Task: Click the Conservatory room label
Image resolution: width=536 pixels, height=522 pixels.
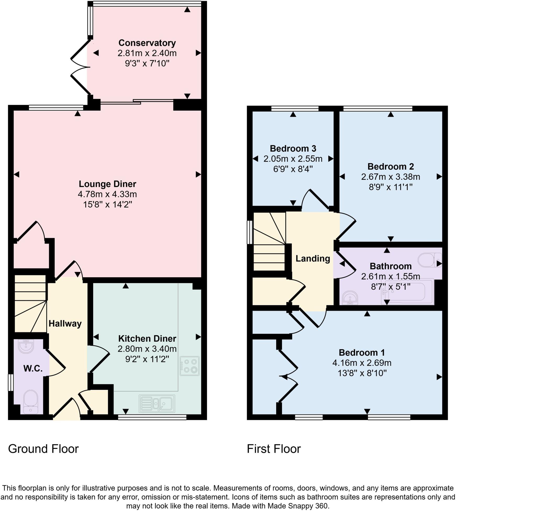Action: point(147,43)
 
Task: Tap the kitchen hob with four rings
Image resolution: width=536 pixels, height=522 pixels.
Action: point(189,366)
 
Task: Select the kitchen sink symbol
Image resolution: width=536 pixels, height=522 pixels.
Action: point(157,404)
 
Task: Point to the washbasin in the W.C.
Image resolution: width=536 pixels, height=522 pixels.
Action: point(26,346)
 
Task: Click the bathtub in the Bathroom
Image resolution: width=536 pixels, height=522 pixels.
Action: point(407,292)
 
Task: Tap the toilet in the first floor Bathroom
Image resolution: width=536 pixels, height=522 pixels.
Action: point(429,260)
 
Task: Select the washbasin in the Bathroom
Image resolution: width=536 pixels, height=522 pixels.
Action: point(350,298)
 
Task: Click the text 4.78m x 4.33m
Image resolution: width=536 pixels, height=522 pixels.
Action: point(107,195)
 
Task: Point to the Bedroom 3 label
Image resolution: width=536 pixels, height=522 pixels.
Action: point(293,149)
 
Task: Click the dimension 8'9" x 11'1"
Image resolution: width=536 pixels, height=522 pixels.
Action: point(390,187)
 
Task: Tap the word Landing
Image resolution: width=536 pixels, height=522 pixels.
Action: point(312,259)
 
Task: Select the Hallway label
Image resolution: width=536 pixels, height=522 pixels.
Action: point(65,324)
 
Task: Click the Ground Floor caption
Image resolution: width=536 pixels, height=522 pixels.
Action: point(43,449)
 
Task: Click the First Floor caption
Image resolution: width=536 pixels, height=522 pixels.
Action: point(273,449)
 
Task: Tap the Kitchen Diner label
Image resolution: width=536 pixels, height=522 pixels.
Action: point(147,338)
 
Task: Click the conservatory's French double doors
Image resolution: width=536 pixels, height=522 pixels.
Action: point(80,67)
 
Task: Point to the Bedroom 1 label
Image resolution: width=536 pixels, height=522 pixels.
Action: point(362,353)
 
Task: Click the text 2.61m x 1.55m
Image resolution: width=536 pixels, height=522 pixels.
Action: point(390,276)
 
